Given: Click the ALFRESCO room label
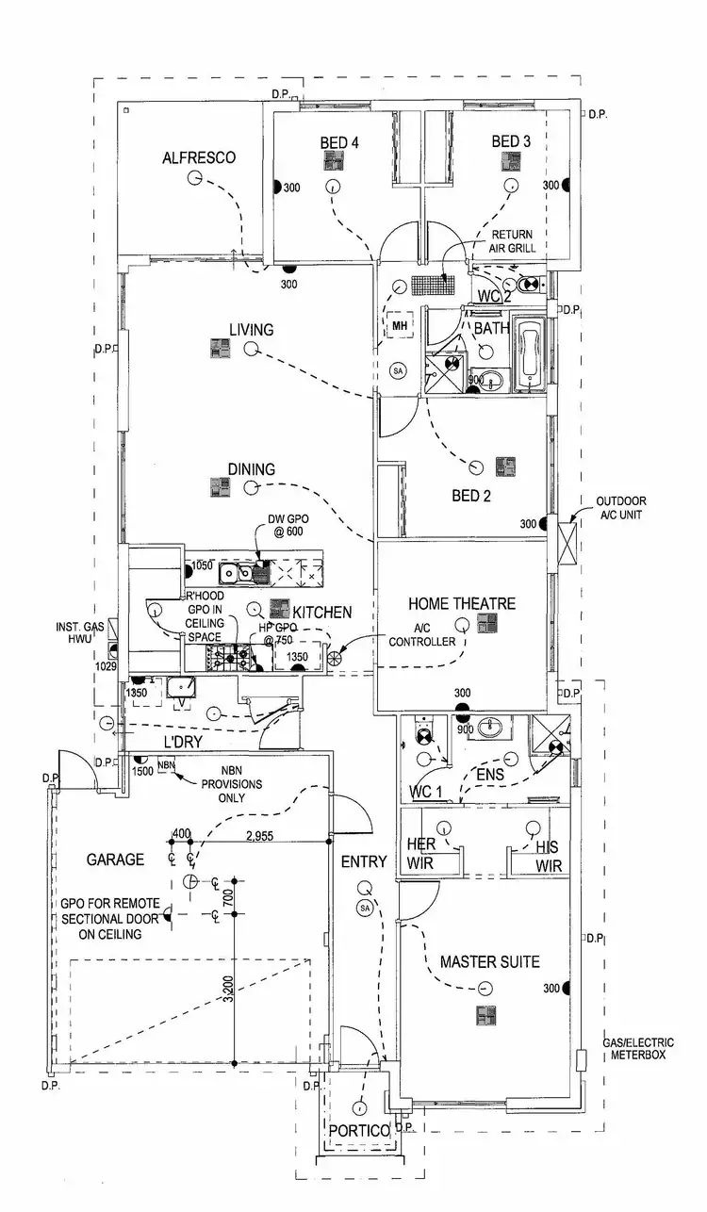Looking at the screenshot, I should click(x=198, y=157).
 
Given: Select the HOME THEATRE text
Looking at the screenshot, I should click(x=462, y=603).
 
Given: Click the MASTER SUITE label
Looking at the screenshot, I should click(x=490, y=962).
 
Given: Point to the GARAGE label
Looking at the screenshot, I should click(x=115, y=860).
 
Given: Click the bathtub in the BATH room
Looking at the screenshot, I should click(x=532, y=355).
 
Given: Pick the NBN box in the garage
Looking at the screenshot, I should click(x=167, y=765).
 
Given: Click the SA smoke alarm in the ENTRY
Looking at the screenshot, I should click(x=365, y=908).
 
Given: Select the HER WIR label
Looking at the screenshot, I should click(x=421, y=854).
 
